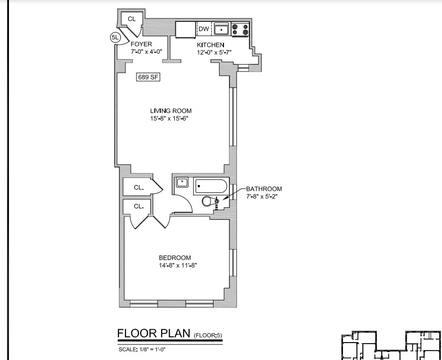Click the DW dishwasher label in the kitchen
pyautogui.click(x=203, y=29)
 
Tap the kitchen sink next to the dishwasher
pyautogui.click(x=221, y=30)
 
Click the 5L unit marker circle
pyautogui.click(x=115, y=37)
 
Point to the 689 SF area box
pyautogui.click(x=148, y=77)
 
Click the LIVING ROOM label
pyautogui.click(x=171, y=111)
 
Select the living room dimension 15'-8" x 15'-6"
pyautogui.click(x=171, y=119)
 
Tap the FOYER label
pyautogui.click(x=141, y=44)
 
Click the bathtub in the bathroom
pyautogui.click(x=211, y=187)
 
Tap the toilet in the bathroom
pyautogui.click(x=210, y=201)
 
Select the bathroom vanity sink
pyautogui.click(x=182, y=183)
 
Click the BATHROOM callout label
pyautogui.click(x=264, y=189)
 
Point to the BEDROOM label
pyautogui.click(x=175, y=258)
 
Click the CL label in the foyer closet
pyautogui.click(x=132, y=19)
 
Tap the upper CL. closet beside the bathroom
pyautogui.click(x=139, y=187)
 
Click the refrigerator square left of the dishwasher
pyautogui.click(x=186, y=29)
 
